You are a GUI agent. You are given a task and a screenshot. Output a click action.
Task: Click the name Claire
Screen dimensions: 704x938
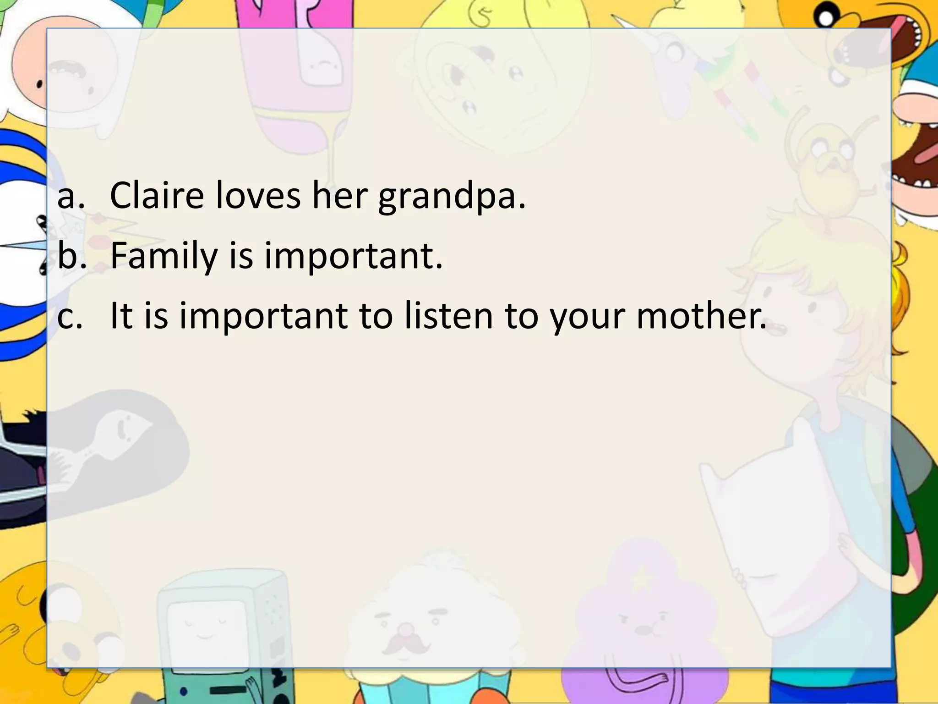157,195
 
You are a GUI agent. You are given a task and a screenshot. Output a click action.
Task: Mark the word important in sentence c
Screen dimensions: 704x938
263,317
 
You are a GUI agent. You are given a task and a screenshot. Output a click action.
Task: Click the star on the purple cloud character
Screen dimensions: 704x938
641,580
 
